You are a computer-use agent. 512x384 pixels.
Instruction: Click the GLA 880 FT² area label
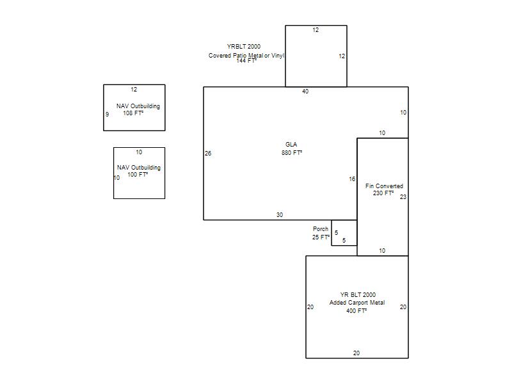tap(292, 148)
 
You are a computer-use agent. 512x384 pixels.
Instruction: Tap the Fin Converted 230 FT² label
tap(384, 189)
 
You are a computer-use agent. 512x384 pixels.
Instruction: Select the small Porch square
tap(344, 233)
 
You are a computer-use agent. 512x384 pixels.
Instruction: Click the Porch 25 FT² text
tap(321, 233)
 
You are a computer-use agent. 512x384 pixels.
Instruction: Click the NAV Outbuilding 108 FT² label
tap(138, 109)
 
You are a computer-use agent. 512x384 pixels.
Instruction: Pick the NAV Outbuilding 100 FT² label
tap(138, 171)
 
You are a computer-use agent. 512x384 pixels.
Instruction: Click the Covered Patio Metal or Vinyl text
tap(246, 56)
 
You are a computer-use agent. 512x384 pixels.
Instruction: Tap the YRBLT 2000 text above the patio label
tap(244, 46)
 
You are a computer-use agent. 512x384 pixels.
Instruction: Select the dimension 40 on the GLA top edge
tap(305, 92)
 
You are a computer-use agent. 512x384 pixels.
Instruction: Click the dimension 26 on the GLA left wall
tap(208, 153)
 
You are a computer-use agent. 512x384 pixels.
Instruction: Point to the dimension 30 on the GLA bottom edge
tap(280, 215)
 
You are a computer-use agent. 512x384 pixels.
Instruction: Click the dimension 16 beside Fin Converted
tap(352, 179)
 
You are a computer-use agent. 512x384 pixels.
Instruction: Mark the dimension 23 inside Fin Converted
tap(403, 197)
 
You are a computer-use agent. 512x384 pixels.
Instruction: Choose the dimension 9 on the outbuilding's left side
tap(107, 115)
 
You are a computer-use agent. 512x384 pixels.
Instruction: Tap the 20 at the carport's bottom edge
tap(356, 353)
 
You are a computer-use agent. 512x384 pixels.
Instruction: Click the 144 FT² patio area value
tap(246, 61)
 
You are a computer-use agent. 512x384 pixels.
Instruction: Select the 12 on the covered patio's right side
tap(342, 56)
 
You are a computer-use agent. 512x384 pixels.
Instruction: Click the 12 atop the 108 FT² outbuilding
tap(134, 90)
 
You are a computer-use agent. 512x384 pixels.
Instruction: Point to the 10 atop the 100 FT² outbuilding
tap(139, 152)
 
